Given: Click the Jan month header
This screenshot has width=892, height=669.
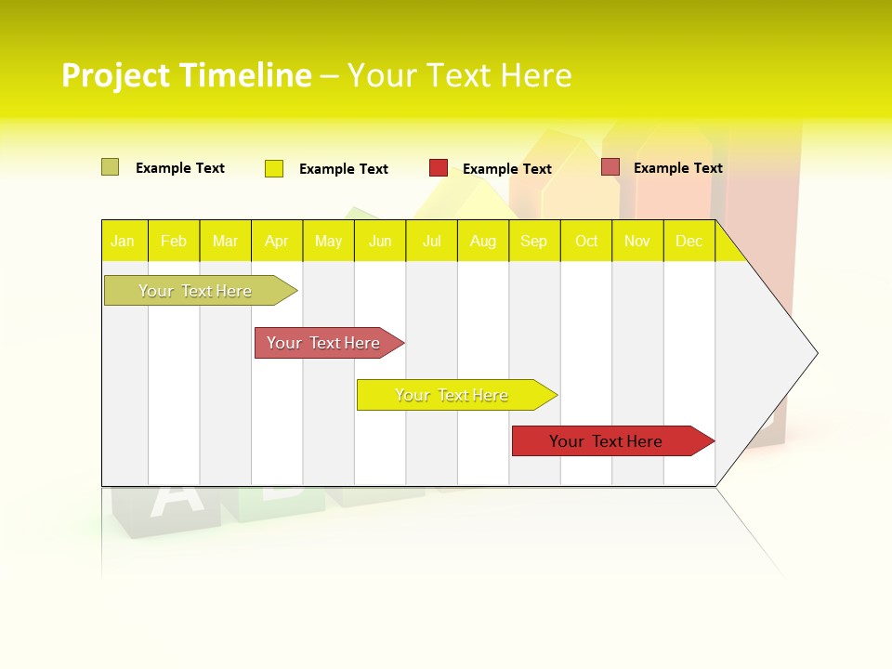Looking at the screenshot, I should pyautogui.click(x=124, y=242).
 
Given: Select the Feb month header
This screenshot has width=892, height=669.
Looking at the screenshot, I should pyautogui.click(x=174, y=242).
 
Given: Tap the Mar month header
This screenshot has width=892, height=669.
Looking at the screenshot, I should pyautogui.click(x=225, y=242).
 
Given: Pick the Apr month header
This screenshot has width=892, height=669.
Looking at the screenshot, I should pyautogui.click(x=277, y=242).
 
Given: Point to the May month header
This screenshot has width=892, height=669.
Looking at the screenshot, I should pyautogui.click(x=328, y=242).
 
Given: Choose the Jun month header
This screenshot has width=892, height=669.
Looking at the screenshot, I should pyautogui.click(x=380, y=242).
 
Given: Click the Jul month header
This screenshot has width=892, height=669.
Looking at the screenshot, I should pyautogui.click(x=431, y=242).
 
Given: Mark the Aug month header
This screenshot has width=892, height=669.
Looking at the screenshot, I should pyautogui.click(x=483, y=242).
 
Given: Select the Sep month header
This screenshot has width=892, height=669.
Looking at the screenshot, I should pyautogui.click(x=534, y=242).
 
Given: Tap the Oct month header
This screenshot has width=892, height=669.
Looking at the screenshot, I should pyautogui.click(x=586, y=242).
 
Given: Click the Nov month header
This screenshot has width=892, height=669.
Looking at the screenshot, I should pyautogui.click(x=637, y=242).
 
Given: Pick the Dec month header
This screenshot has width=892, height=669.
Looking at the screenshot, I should pyautogui.click(x=689, y=242).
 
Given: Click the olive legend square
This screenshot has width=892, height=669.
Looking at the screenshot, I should pyautogui.click(x=110, y=167).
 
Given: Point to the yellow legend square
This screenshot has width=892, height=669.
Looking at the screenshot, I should pyautogui.click(x=274, y=168).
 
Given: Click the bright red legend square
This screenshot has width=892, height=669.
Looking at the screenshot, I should pyautogui.click(x=439, y=168).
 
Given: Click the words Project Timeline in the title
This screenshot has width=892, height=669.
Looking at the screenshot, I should pyautogui.click(x=186, y=75).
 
